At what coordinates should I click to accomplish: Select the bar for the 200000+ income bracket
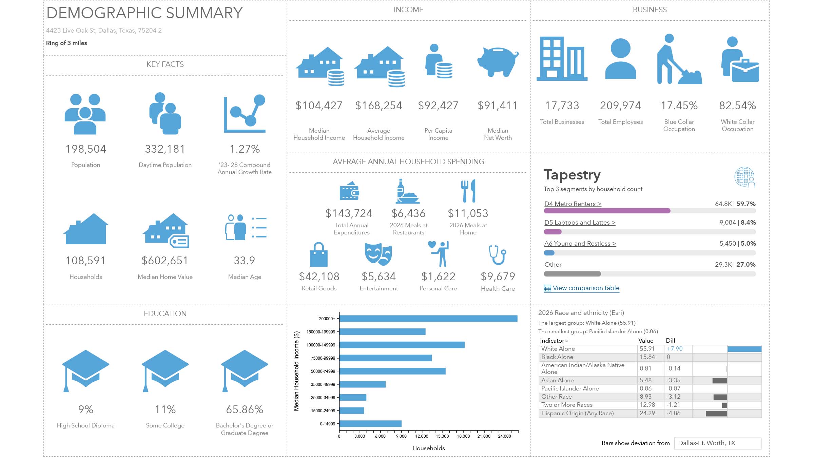click(428, 319)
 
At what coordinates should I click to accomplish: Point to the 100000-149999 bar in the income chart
click(402, 345)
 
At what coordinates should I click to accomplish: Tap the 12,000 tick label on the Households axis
click(422, 436)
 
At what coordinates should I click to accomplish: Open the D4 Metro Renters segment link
click(573, 204)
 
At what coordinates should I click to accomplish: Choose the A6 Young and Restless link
click(580, 244)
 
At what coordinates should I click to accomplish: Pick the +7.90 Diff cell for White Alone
click(675, 349)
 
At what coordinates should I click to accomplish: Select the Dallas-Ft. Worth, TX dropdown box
click(718, 443)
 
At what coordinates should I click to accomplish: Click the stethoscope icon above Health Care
click(497, 255)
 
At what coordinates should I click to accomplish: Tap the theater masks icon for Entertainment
click(378, 254)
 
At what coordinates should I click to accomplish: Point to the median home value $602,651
click(165, 261)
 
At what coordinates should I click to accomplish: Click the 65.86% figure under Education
click(245, 409)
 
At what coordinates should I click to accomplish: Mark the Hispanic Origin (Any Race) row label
click(578, 413)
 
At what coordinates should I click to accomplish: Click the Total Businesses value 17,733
click(562, 106)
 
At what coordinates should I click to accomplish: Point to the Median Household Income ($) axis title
click(296, 371)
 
